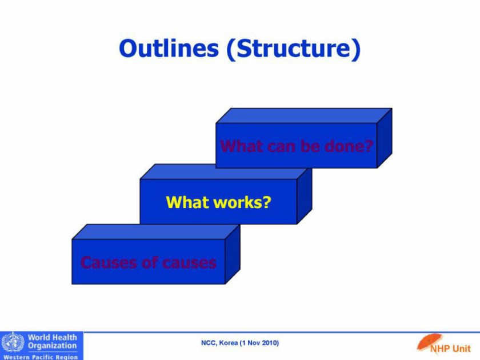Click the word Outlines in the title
point(169,48)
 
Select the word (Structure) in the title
point(294,49)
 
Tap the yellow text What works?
point(218,202)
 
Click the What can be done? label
point(297,146)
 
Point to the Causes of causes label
point(149,262)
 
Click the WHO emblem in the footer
point(13,342)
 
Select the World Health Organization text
point(53,341)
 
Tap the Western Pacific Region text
point(41,357)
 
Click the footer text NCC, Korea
point(219,343)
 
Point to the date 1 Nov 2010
point(259,343)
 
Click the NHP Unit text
point(450,349)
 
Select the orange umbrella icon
point(429,342)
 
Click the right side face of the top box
point(385,138)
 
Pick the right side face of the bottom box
point(233,254)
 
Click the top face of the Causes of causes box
point(156,232)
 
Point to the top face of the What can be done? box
point(304,115)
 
